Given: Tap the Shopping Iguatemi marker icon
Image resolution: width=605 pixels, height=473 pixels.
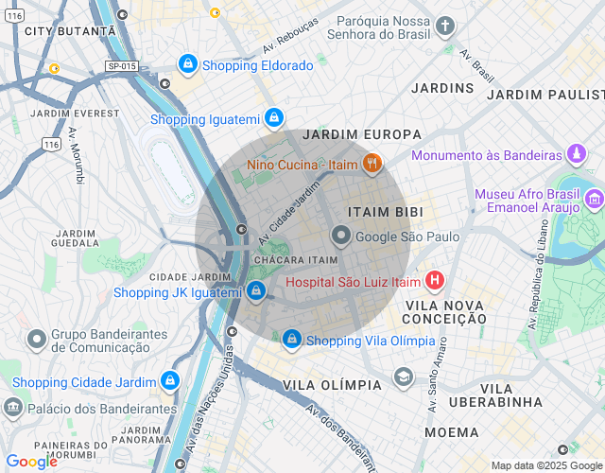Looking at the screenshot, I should coord(273,118).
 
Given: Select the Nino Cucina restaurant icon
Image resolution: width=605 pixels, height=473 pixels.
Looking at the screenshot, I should coord(372,165).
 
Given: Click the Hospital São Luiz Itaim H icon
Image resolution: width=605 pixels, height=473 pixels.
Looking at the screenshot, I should coord(434,280).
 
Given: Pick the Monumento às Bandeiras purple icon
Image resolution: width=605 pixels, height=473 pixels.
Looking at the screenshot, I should coord(576,154).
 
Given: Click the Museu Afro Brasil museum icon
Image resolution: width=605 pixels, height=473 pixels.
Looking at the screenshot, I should coord(595,199).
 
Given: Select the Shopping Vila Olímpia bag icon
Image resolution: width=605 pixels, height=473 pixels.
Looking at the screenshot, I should coord(292,339).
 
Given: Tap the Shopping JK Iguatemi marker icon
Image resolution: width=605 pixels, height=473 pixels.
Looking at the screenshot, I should coord(256,291).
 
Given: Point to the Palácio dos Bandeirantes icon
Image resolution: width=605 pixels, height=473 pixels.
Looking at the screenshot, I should coord(13,408).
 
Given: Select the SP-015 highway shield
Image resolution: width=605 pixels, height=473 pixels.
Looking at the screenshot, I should coord(122,66).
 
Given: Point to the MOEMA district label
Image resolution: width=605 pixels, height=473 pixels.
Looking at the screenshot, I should coord(451,432).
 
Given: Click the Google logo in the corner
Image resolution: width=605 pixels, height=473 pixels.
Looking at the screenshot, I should coord(32,462).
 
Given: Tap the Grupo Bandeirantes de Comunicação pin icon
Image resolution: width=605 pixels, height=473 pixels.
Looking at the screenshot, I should coord(37,339).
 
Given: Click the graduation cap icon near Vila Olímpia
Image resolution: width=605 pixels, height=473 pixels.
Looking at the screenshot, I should coord(404,377).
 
